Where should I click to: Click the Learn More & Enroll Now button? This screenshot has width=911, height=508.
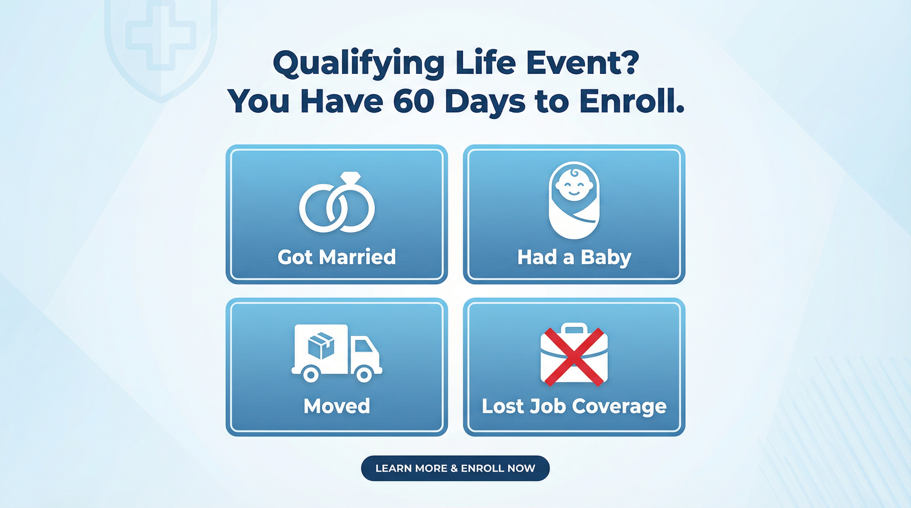(455, 468)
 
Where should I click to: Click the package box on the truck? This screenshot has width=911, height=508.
(321, 344)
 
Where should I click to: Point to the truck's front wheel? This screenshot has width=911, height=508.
(363, 375)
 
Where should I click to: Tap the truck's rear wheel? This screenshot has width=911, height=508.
(311, 375)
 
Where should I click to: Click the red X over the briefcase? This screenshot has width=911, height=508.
(574, 357)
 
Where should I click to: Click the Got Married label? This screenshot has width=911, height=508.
(337, 257)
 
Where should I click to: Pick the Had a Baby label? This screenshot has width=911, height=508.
(574, 257)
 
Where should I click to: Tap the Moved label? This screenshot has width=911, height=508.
(337, 406)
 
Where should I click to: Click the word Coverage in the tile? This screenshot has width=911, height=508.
(619, 406)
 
